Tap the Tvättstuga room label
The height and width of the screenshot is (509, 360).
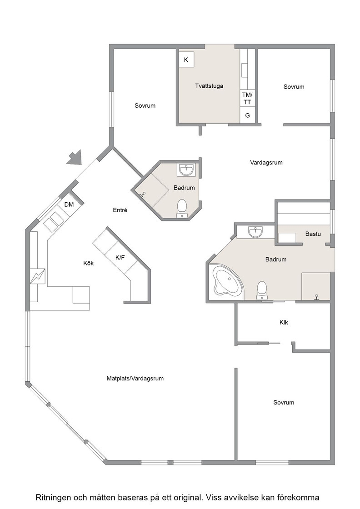coord(209,86)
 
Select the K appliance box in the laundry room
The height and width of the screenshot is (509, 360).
coord(186,60)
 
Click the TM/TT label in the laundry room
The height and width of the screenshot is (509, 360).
coord(247,98)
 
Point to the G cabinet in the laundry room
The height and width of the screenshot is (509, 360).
coord(247,115)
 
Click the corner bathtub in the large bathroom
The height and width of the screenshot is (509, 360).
coord(227,281)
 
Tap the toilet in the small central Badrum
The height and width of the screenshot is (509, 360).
coord(182,208)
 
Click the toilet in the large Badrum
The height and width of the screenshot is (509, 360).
coord(262,290)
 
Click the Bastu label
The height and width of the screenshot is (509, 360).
coord(313,234)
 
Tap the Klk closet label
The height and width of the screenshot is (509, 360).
coord(284,322)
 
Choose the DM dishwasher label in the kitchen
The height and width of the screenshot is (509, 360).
coord(69,205)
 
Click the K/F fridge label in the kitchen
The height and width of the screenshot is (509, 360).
coord(120,258)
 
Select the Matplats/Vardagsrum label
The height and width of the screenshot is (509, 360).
coord(135,378)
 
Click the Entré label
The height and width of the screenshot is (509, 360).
coord(120,210)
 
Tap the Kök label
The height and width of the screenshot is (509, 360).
coord(88,263)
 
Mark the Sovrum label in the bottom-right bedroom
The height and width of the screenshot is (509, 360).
coord(284,403)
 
